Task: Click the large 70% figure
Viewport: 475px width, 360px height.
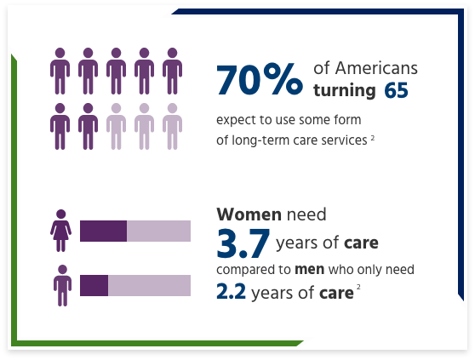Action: point(259,80)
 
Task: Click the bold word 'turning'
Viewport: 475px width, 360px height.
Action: point(345,89)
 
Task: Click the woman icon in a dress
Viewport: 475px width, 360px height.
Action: point(60,231)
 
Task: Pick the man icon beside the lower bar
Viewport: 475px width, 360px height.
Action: point(60,285)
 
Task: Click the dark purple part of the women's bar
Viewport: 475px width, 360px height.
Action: point(103,231)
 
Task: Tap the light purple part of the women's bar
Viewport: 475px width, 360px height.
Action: point(158,231)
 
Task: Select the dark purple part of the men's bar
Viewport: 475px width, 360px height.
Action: point(94,285)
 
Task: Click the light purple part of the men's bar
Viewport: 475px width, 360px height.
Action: point(149,285)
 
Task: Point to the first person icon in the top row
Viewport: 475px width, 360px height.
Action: point(60,71)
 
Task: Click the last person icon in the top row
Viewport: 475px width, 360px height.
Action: point(171,71)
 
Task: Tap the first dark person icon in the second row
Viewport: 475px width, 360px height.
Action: point(60,126)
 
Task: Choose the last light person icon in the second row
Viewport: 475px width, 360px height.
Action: point(171,126)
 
